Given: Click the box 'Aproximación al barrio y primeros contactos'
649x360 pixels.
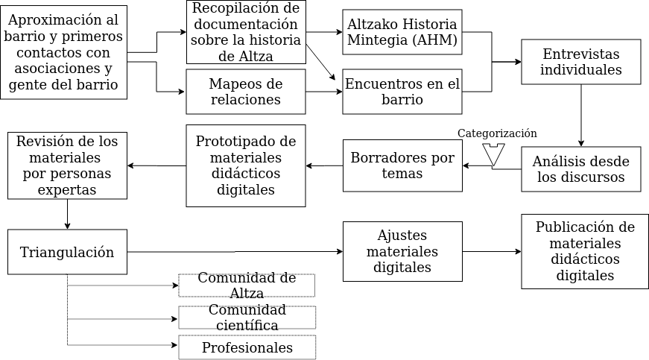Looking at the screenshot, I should tap(63, 52).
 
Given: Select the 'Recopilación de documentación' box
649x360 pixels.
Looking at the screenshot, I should tap(246, 32).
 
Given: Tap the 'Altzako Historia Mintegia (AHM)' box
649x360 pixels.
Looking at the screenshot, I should tap(402, 32).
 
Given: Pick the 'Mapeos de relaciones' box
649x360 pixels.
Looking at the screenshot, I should tap(246, 92).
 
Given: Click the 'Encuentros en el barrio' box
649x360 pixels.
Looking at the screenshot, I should tap(402, 92).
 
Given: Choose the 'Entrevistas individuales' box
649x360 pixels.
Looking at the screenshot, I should tap(580, 62).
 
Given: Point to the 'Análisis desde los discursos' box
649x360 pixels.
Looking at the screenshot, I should tap(580, 169).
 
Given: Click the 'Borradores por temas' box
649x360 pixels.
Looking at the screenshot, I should tap(402, 165).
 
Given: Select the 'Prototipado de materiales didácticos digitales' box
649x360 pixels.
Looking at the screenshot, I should tap(246, 165).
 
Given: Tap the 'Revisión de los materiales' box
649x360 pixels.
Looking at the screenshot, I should tap(67, 165).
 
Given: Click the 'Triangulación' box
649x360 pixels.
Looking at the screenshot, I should tap(67, 252).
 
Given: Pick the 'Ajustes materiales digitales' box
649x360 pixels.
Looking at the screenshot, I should tap(402, 251).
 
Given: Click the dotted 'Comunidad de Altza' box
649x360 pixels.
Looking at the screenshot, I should tap(247, 285).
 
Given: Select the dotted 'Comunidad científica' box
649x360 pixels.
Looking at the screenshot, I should tap(247, 318).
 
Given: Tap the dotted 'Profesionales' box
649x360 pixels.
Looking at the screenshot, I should tap(247, 347).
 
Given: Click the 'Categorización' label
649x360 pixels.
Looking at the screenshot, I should tap(497, 133).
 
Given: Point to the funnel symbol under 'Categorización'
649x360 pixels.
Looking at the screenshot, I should tap(493, 155).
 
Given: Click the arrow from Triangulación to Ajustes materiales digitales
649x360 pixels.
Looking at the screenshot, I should tap(235, 251).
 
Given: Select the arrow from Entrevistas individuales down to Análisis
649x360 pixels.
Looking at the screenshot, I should tap(581, 115).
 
